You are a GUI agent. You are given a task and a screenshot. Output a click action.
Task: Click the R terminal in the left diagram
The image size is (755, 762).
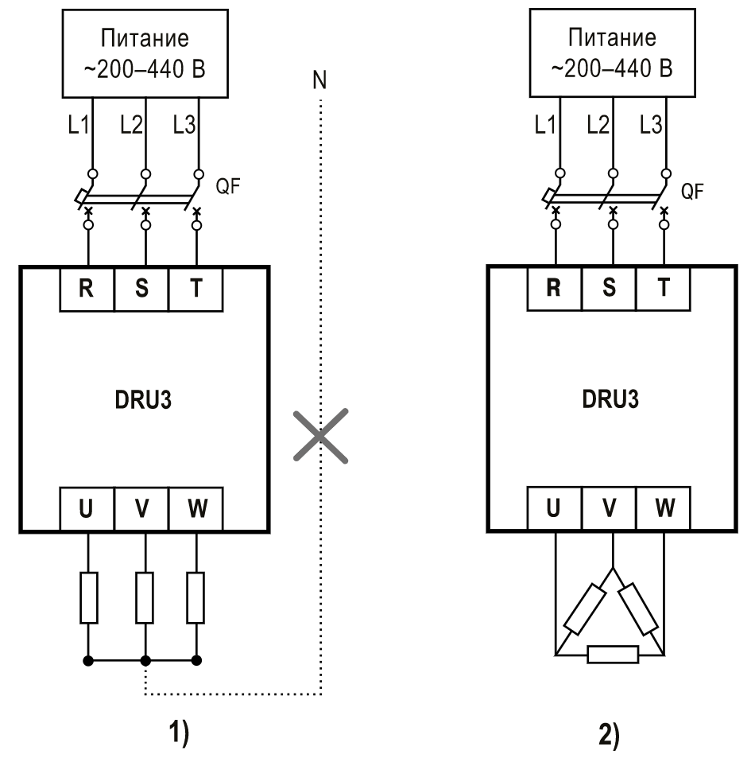(87, 290)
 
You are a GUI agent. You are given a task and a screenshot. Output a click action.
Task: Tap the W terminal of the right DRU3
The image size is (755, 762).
(664, 507)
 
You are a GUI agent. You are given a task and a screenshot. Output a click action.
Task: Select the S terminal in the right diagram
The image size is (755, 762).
(608, 288)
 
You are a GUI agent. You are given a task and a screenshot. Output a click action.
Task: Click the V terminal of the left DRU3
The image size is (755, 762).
(141, 509)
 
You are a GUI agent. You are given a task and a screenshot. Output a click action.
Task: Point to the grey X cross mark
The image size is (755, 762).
(321, 436)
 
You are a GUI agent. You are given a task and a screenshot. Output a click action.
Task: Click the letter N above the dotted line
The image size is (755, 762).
(319, 80)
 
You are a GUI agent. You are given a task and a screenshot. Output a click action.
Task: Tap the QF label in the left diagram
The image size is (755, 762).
(228, 186)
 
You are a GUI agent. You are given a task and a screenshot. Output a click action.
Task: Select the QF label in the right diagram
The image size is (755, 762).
(692, 192)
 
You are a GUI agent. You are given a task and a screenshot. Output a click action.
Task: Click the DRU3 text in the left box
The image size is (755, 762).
(143, 400)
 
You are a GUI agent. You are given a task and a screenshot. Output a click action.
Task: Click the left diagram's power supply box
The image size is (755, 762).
(145, 53)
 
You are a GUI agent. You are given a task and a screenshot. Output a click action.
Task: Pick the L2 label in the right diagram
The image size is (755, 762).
(598, 125)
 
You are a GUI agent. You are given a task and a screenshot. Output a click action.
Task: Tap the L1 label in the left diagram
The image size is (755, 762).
(78, 126)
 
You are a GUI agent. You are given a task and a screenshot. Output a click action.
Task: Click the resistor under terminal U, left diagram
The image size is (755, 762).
(89, 597)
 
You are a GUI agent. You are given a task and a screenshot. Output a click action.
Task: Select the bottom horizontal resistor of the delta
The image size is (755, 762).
(613, 655)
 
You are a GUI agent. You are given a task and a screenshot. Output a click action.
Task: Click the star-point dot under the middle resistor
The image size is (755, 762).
(145, 660)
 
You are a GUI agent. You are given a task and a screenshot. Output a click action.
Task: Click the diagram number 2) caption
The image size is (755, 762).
(609, 736)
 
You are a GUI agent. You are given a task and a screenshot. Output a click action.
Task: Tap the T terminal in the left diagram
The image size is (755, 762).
(196, 290)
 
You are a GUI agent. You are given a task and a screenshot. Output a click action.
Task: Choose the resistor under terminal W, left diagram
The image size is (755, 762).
(196, 597)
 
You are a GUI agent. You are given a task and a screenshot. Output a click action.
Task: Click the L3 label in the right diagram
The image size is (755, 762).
(651, 125)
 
